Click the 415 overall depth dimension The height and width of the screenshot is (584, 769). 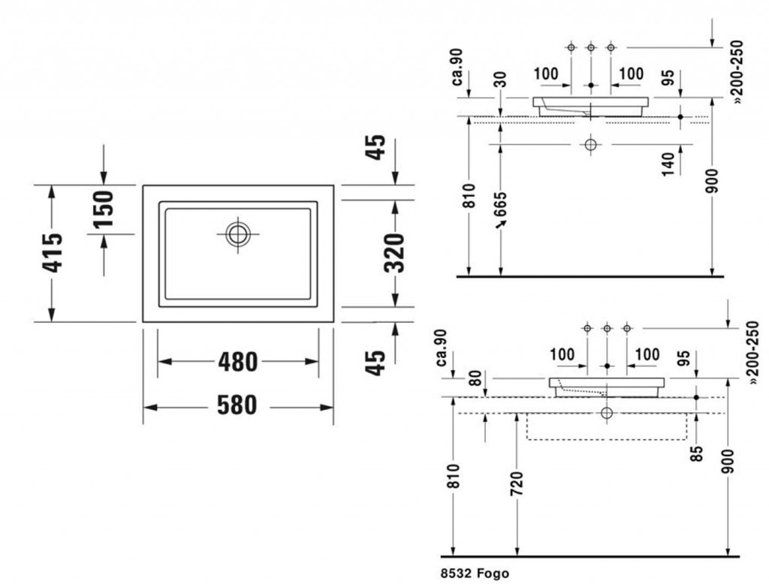(x=53, y=252)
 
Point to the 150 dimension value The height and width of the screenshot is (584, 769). (x=104, y=209)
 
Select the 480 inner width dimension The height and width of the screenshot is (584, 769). (x=238, y=363)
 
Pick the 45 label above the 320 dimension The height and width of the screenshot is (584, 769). (x=376, y=147)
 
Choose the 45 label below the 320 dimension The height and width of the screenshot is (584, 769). (x=376, y=363)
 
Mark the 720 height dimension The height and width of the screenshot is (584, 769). (x=517, y=483)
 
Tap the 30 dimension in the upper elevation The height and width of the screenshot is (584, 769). (x=500, y=80)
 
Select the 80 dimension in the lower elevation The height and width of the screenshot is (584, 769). (x=475, y=378)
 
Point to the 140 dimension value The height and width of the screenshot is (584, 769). (x=668, y=164)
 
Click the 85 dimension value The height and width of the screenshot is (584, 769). (x=696, y=453)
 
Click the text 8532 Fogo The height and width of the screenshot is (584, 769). (x=475, y=573)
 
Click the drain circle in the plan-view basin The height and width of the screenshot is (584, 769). (x=238, y=234)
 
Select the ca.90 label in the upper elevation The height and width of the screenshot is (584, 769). (x=457, y=67)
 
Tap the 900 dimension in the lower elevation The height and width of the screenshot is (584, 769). (x=728, y=462)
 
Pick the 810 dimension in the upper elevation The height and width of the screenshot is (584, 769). (x=469, y=196)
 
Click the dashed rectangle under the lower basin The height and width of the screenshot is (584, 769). (x=607, y=426)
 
